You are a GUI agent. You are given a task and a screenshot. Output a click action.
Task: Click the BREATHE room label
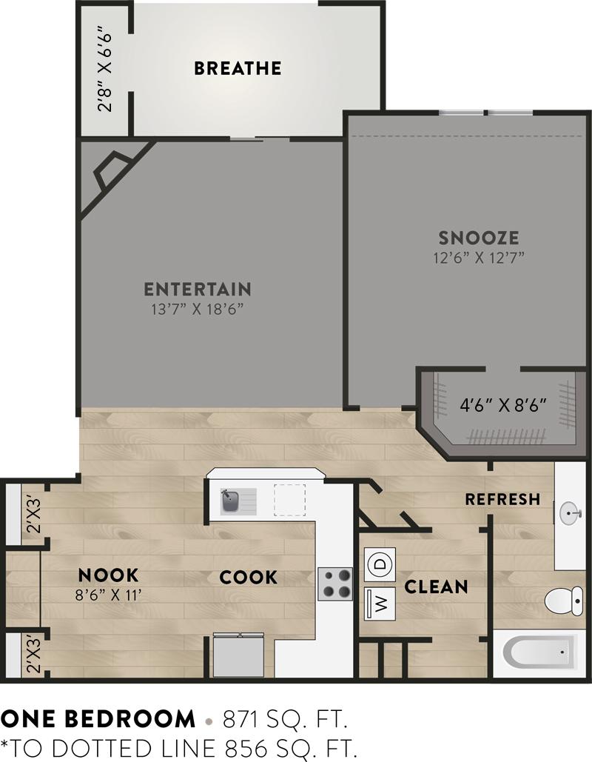point(238,69)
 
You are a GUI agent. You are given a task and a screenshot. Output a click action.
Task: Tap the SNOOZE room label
point(478,238)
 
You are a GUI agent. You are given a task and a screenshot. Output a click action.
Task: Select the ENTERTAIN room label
point(197,289)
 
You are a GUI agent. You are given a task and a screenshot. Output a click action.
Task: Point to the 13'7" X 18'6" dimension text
point(197,308)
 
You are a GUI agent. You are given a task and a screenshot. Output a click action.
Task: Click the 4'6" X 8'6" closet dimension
point(503,405)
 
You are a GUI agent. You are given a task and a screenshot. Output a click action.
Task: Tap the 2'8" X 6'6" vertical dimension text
point(105,70)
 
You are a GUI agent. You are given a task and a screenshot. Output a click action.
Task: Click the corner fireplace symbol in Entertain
point(111,172)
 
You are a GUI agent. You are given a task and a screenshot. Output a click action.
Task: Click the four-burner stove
point(335,584)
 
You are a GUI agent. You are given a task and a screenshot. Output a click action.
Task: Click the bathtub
point(539,653)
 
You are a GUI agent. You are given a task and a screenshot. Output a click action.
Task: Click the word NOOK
point(109,575)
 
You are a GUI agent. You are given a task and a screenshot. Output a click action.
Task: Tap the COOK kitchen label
point(248,577)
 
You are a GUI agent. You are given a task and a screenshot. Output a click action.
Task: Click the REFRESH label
point(502,499)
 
